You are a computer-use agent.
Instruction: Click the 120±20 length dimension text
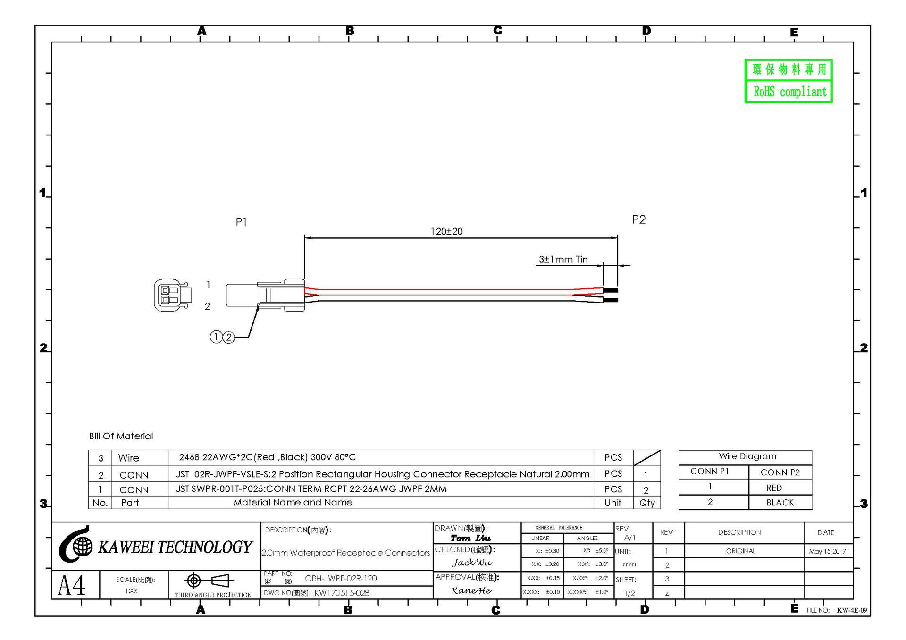coord(446,231)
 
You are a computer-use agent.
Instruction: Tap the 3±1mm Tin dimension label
coord(563,259)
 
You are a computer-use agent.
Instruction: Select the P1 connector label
coord(241,222)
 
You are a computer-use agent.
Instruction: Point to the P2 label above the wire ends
coord(639,219)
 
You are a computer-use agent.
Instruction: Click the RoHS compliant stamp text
coord(790,92)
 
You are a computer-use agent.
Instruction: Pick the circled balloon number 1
coord(216,337)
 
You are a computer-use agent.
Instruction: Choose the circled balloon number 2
coord(229,337)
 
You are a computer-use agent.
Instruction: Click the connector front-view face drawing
coord(173,295)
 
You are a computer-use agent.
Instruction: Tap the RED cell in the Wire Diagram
coord(774,488)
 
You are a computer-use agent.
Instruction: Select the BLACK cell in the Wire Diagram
coord(780,503)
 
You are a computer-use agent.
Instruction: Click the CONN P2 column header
coord(780,472)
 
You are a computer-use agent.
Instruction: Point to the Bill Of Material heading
coord(121,436)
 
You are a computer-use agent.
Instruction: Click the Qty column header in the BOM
coord(647,503)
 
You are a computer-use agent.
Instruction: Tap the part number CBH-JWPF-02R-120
coord(341,578)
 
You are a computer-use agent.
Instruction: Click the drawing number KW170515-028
coord(342,593)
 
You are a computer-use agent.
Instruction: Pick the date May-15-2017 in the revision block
coord(828,551)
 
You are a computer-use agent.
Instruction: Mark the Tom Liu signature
coord(470,538)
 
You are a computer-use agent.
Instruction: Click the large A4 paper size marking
coord(72,585)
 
